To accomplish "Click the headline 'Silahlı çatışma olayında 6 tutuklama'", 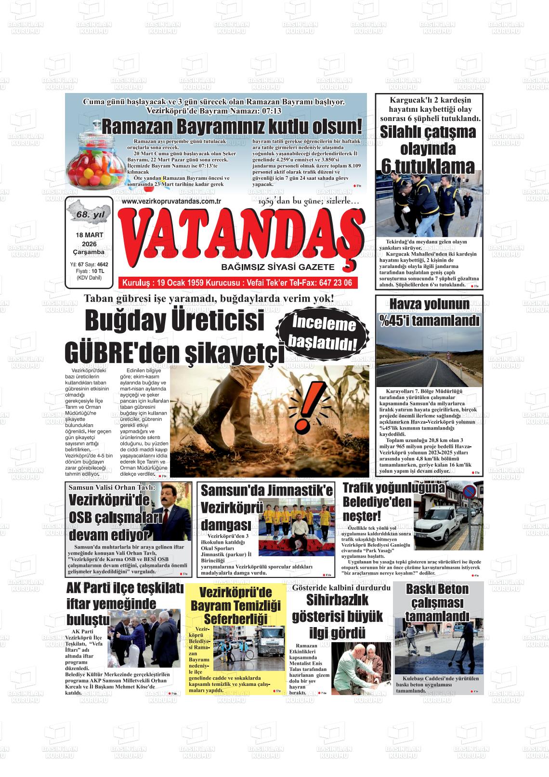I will (x=428, y=149).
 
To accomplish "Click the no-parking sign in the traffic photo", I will (x=469, y=493).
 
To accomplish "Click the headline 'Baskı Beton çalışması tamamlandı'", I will (x=437, y=603).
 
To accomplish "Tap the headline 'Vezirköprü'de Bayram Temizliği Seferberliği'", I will (x=235, y=605).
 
